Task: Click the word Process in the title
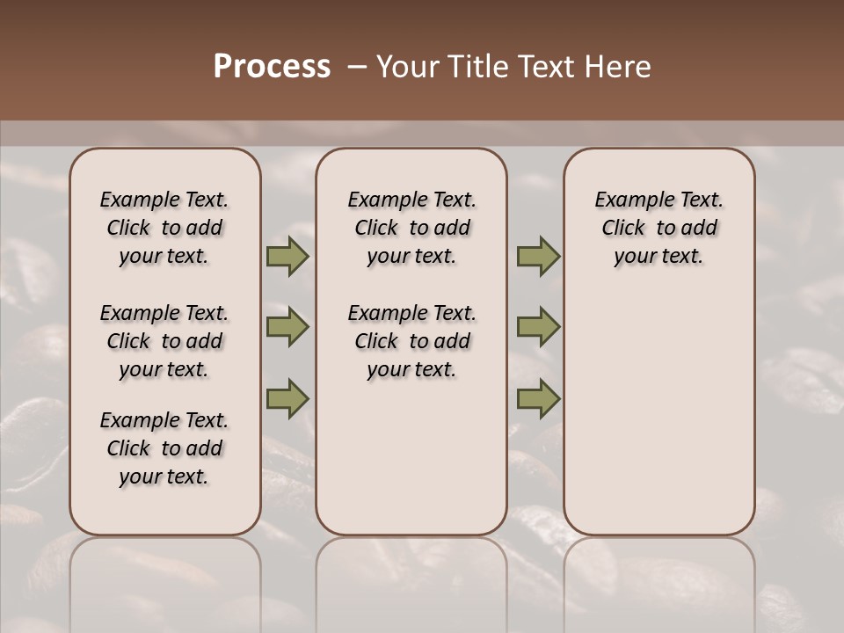click(272, 67)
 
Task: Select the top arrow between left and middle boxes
click(287, 257)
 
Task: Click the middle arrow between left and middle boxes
click(287, 327)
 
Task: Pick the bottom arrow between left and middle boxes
click(287, 398)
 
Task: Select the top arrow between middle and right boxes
click(538, 257)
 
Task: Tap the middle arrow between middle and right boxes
click(538, 327)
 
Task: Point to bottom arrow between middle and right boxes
click(538, 398)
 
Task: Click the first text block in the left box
click(164, 228)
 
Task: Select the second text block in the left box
click(164, 341)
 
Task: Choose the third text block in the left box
click(164, 448)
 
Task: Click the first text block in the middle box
click(411, 228)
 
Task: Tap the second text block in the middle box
click(411, 341)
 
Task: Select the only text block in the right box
click(658, 228)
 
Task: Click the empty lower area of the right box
click(658, 422)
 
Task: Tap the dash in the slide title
click(356, 67)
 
